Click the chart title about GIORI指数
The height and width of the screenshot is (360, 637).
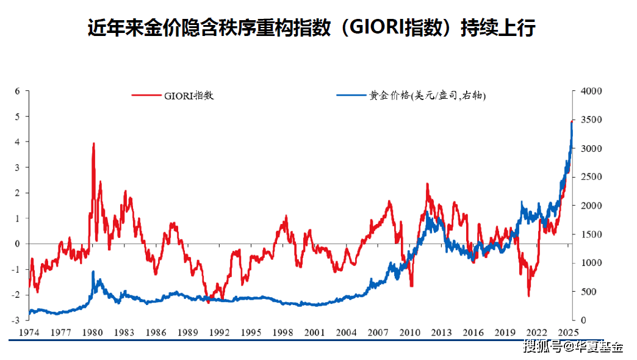tap(311, 29)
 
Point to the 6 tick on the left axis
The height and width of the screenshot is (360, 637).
tap(17, 91)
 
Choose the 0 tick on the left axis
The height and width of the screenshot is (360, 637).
tap(17, 243)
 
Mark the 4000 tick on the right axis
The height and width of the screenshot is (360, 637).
tap(591, 91)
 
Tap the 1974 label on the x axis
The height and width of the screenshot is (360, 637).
tap(29, 333)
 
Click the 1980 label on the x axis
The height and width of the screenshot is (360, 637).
tap(92, 333)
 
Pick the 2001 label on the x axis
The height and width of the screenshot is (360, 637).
tap(314, 333)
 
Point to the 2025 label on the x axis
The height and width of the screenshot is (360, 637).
tap(569, 333)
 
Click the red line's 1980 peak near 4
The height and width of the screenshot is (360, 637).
tap(93, 144)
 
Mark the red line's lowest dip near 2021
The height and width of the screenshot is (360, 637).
tap(528, 295)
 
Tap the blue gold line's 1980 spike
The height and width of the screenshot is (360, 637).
tap(93, 272)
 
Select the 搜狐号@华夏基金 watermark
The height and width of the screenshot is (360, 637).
tap(574, 347)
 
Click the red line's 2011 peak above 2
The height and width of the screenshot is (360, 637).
tap(427, 184)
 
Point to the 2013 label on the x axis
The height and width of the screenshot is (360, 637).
tap(442, 333)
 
